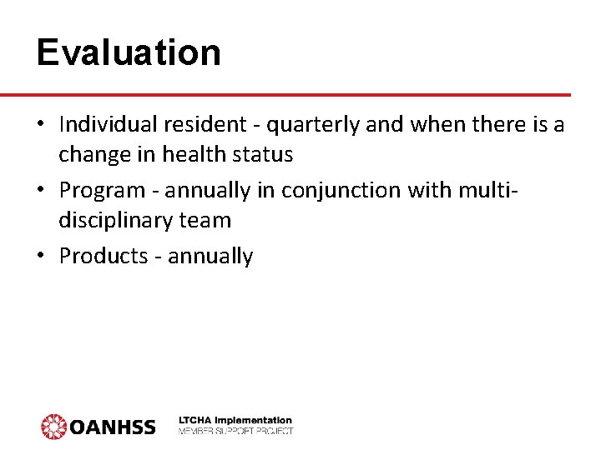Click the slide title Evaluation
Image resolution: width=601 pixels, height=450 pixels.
click(x=129, y=52)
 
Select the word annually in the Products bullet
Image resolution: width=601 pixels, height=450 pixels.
click(x=210, y=257)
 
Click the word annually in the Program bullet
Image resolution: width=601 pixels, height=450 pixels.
click(x=207, y=191)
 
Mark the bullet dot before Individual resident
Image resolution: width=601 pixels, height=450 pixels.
click(x=40, y=126)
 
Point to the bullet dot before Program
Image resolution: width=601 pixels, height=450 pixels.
click(x=40, y=191)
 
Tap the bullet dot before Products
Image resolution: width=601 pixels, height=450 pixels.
click(x=40, y=256)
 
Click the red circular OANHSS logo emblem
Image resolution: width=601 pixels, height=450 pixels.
click(x=53, y=426)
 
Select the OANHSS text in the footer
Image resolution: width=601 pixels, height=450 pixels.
click(x=112, y=427)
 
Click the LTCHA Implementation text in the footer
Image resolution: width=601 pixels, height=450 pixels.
click(x=235, y=420)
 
